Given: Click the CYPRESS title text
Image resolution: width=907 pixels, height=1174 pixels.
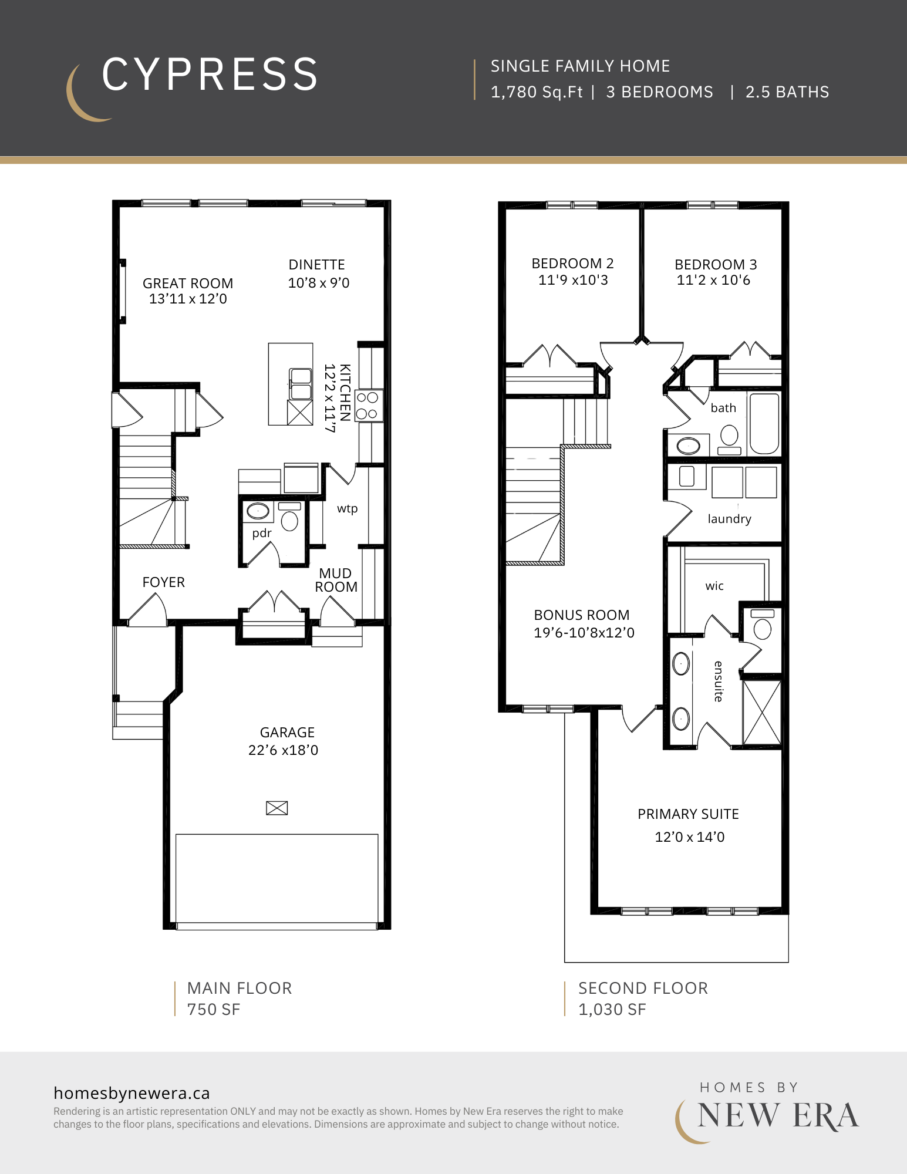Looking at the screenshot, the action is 210,75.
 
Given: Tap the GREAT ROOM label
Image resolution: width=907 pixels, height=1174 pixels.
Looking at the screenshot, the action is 188,284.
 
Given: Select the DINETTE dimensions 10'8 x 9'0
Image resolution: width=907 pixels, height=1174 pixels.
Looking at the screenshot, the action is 319,283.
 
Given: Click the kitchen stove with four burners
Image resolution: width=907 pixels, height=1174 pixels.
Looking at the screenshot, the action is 369,406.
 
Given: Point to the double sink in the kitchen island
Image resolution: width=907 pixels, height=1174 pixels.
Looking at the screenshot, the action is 301,384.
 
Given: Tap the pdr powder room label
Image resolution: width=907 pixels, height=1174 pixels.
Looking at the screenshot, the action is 262,533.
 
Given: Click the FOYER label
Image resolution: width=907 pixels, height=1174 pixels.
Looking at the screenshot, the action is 164,582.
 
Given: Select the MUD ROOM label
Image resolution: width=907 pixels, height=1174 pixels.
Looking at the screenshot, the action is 336,580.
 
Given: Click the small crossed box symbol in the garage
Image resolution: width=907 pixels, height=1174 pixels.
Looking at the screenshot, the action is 277,808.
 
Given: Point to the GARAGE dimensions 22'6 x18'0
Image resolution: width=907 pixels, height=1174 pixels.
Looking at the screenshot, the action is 284,750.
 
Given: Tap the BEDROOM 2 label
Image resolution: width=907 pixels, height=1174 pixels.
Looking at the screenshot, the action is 572,264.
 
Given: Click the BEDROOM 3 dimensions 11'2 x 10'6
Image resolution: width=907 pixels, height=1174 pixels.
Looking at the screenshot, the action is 713,280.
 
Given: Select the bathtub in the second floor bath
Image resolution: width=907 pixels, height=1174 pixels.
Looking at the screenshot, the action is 764,424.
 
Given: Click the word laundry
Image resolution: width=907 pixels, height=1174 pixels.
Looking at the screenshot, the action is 729,519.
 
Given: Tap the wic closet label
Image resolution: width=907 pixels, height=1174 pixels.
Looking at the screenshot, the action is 714,586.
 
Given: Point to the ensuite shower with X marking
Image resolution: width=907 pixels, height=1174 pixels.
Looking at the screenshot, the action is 762,713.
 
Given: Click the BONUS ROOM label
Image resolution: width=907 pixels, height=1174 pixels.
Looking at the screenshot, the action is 582,615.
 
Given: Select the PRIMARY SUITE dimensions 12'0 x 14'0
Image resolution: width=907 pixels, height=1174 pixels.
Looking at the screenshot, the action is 690,837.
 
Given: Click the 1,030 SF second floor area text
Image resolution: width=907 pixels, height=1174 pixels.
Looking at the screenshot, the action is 612,1010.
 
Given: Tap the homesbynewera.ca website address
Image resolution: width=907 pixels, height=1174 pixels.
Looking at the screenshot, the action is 132,1093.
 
